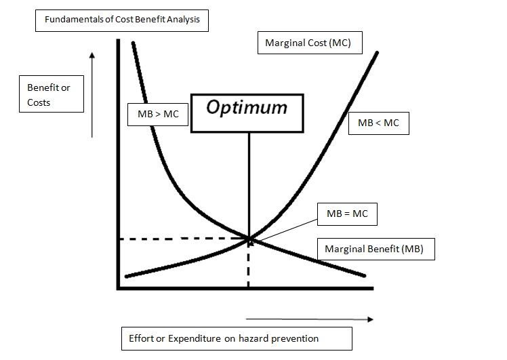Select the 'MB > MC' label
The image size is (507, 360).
[x=158, y=114]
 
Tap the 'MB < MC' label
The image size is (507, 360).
[x=378, y=123]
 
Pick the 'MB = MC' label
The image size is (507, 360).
[x=347, y=214]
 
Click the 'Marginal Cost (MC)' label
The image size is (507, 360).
[x=309, y=43]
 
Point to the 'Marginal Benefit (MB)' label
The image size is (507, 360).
[x=374, y=249]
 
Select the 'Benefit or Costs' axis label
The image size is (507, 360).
[x=48, y=95]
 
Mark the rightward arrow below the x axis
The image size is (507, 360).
[x=308, y=318]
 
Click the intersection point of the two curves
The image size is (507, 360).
[x=249, y=238]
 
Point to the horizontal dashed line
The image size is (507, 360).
[x=183, y=239]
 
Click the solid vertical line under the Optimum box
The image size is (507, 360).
[x=249, y=183]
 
